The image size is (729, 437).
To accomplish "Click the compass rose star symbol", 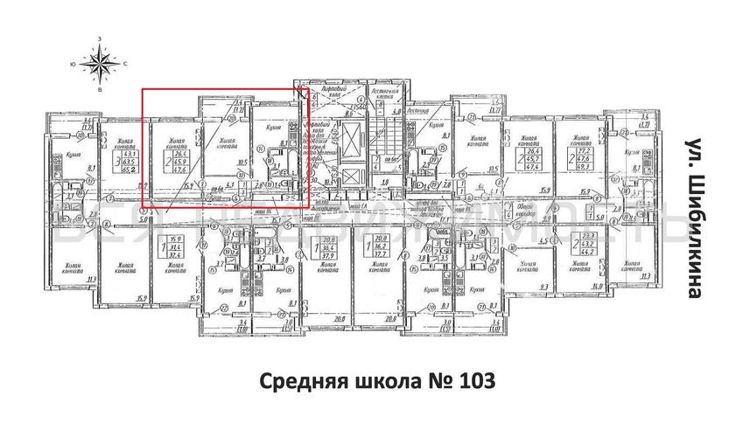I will click(x=101, y=63).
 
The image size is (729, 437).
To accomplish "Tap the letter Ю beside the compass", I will click(x=73, y=64).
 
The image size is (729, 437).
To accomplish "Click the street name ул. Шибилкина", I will click(x=693, y=218).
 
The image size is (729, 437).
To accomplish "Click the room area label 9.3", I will click(x=543, y=288).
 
